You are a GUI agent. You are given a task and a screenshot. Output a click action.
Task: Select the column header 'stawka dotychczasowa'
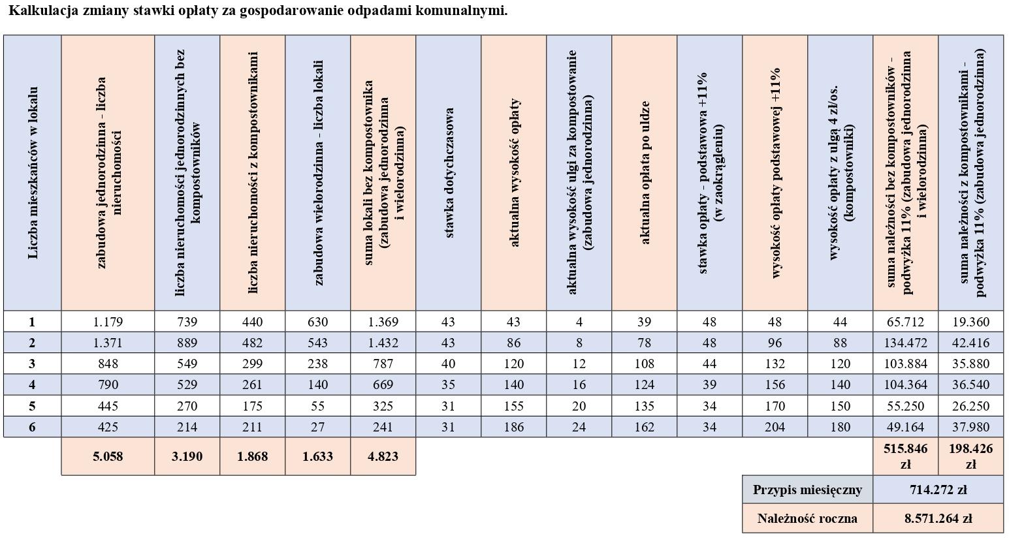(x=449, y=173)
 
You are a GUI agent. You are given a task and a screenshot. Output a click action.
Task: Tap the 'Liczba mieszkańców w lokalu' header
(x=33, y=173)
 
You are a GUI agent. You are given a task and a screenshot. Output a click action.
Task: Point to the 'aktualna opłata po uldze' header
(x=645, y=173)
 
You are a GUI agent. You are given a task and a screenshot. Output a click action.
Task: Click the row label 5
(x=32, y=406)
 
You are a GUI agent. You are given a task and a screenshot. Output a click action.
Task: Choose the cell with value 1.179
(x=108, y=322)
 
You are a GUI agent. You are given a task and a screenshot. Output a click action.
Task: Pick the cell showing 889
(x=187, y=343)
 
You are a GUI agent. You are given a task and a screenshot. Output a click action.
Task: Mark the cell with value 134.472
(x=905, y=343)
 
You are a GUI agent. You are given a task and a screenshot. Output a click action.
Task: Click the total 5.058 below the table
(x=108, y=456)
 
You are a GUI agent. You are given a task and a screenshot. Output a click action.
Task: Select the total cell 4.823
(x=383, y=456)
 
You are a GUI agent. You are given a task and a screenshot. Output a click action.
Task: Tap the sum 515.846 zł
(x=905, y=456)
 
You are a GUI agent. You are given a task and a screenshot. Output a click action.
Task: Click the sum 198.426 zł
(x=970, y=456)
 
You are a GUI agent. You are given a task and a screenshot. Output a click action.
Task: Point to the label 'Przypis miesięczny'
(x=807, y=490)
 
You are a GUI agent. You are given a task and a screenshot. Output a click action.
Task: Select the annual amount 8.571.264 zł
(x=938, y=519)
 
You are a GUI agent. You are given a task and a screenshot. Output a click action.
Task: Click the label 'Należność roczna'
(x=807, y=519)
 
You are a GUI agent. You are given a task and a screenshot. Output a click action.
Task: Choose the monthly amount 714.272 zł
(x=938, y=490)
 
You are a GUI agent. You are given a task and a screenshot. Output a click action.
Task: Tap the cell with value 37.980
(x=970, y=427)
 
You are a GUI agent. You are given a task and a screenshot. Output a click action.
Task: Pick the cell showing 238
(x=317, y=364)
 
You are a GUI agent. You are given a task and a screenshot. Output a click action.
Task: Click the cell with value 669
(x=383, y=385)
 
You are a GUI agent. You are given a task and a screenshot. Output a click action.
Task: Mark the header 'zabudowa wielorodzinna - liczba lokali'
(x=318, y=173)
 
